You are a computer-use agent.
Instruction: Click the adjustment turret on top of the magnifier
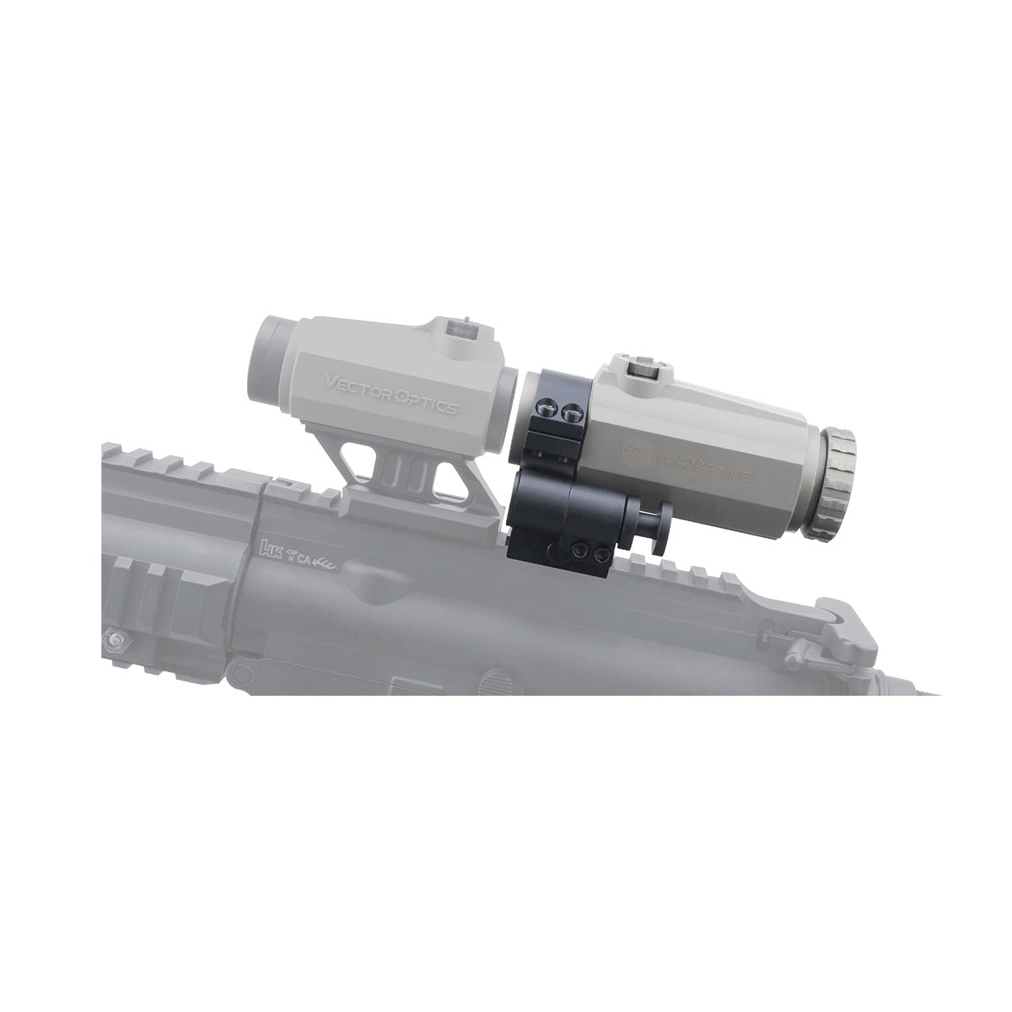point(647,365)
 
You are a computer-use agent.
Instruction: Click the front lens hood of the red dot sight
point(270,350)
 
